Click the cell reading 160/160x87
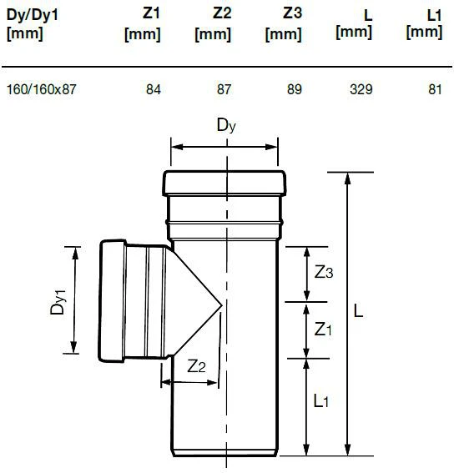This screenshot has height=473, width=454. [42, 89]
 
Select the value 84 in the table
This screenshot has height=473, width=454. [154, 89]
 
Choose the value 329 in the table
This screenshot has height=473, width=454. [361, 89]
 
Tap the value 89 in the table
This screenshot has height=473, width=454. [295, 89]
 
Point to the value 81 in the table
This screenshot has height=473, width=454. [435, 89]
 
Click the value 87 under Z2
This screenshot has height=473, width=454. [224, 89]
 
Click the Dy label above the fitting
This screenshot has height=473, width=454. [226, 125]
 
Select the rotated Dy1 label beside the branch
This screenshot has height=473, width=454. [58, 302]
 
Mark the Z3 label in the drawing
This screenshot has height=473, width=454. [324, 272]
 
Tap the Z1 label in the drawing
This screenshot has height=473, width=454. [323, 329]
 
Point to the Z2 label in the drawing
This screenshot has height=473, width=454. [196, 366]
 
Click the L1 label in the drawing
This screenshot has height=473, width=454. [320, 401]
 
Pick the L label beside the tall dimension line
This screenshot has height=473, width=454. [358, 310]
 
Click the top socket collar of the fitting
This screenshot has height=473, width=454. [224, 183]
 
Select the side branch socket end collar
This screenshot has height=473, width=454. [112, 301]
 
